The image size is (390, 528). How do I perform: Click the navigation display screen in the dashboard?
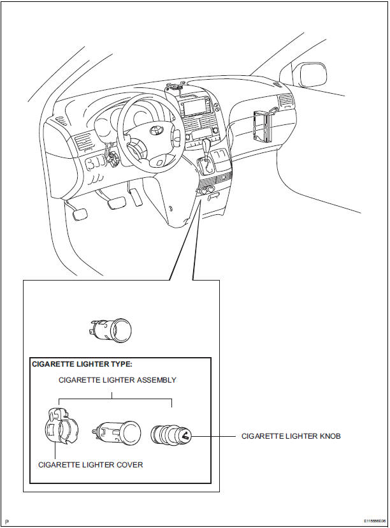pos(196,106)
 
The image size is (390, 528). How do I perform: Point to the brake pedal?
pos(116,203)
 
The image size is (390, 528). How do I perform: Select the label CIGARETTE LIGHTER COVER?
pos(90,465)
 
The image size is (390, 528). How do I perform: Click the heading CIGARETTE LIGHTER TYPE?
pos(81,364)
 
